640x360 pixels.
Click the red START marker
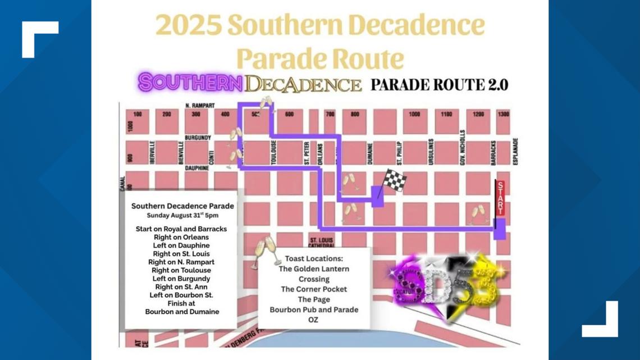point(500,198)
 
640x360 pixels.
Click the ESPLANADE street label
point(515,152)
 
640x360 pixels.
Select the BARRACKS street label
point(493,152)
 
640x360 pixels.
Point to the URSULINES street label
point(431,152)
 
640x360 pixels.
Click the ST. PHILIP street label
point(399,152)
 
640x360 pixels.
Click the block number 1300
point(503,114)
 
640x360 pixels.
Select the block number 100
point(138,115)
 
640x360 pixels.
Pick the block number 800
point(354,114)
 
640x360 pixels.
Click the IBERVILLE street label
point(152,152)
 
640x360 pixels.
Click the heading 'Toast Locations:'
point(313,258)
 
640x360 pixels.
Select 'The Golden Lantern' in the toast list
point(314,268)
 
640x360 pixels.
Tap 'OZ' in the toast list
point(313,320)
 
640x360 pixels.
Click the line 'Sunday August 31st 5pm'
point(182,215)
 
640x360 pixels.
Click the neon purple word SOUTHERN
point(190,83)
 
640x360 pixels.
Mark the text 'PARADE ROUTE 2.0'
point(439,84)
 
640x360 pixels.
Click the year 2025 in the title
point(188,25)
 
